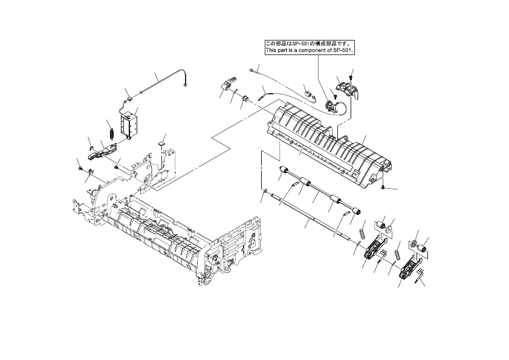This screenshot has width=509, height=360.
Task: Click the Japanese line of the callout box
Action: point(308,44)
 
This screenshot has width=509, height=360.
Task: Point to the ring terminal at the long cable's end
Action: point(184,85)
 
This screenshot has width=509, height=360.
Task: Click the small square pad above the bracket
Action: point(160,143)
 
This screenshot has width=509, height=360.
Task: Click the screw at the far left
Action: point(80,168)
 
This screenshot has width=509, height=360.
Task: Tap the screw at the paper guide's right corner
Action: point(385,188)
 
